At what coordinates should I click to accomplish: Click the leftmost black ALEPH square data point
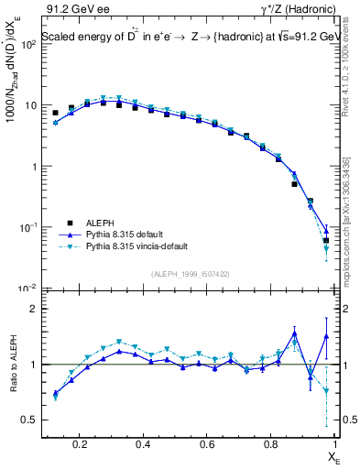tap(55, 113)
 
